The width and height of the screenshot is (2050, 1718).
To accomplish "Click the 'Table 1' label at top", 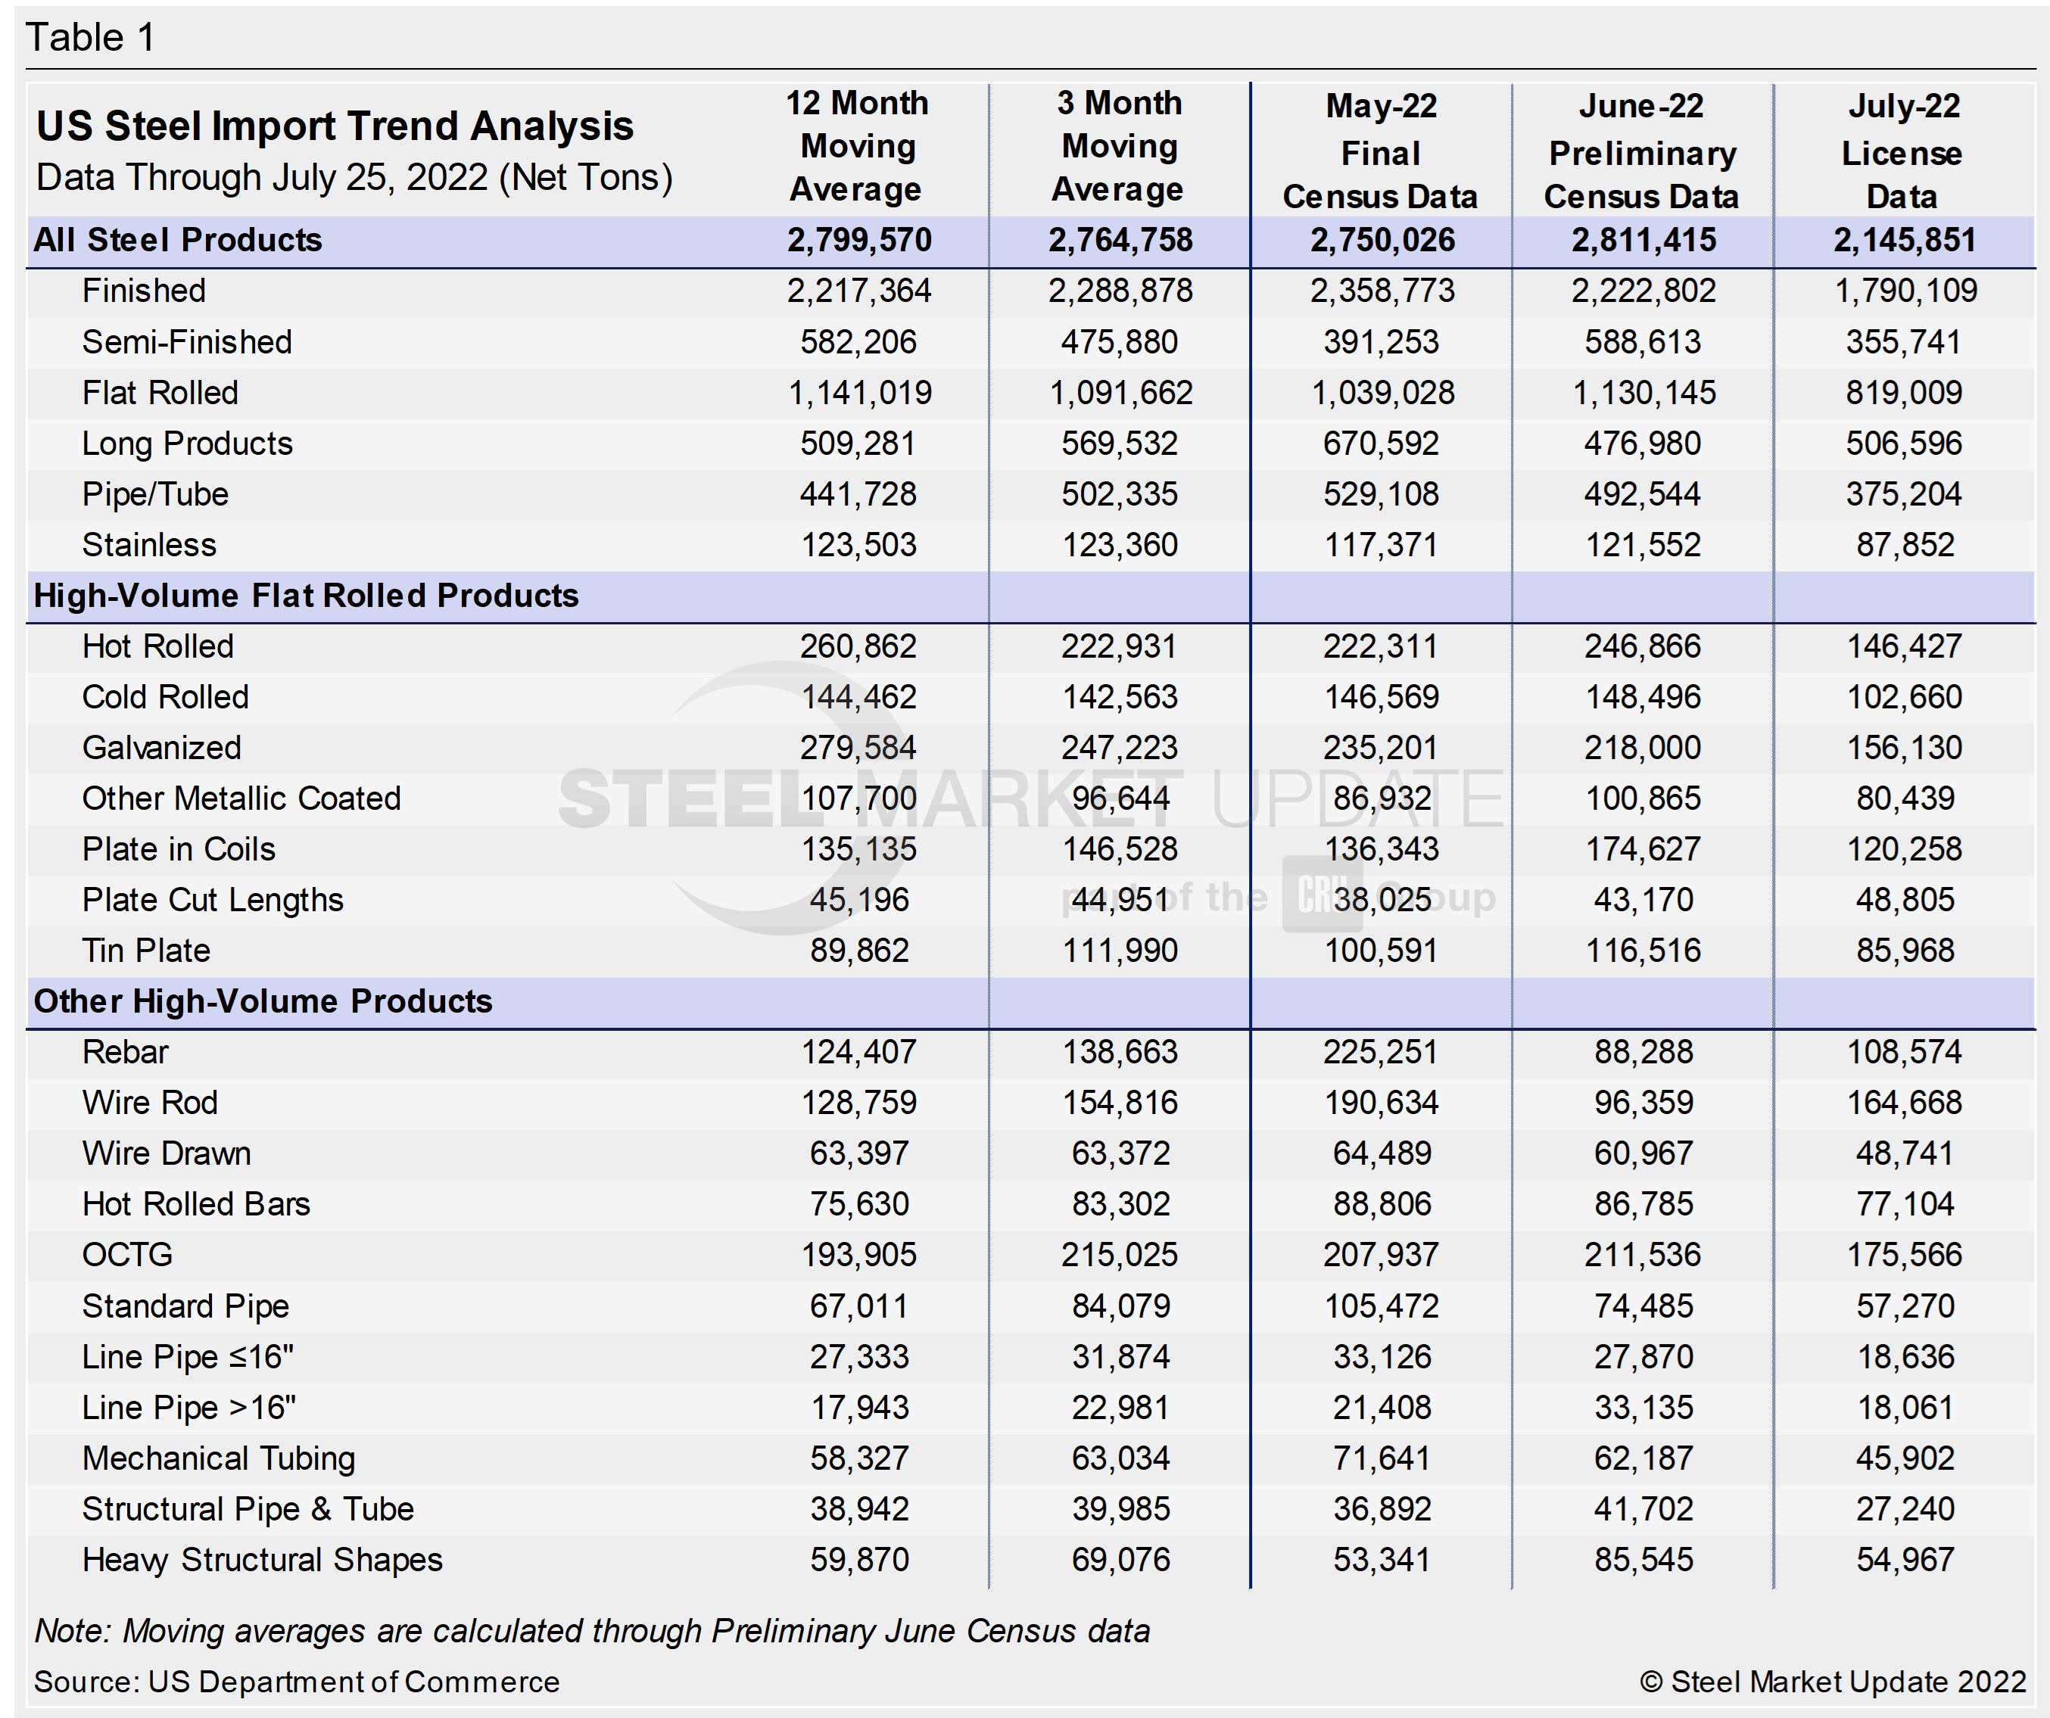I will (x=90, y=38).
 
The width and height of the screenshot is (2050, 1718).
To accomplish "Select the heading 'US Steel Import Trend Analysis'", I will (x=335, y=126).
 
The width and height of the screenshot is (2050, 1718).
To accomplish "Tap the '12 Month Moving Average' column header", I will (x=857, y=145).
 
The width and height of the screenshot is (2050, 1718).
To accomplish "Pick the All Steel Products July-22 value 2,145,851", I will (x=1904, y=240).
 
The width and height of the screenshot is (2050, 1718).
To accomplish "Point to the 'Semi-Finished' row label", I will (x=186, y=341).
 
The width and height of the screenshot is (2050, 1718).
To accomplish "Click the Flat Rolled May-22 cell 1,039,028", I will (x=1382, y=392).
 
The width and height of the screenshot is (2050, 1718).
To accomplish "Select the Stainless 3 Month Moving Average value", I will (x=1120, y=545).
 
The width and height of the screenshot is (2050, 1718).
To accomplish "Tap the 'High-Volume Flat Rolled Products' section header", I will (x=306, y=596).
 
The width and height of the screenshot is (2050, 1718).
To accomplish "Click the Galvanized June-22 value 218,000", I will (x=1642, y=748).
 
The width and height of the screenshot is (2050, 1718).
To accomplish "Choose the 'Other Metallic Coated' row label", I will (x=241, y=798).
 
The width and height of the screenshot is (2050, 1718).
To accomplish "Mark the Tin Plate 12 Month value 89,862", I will (x=859, y=951).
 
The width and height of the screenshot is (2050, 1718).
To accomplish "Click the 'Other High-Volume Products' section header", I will (x=263, y=1001).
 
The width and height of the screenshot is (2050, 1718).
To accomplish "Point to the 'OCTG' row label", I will (x=127, y=1256).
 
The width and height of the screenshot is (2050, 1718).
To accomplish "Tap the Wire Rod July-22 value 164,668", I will (x=1904, y=1103).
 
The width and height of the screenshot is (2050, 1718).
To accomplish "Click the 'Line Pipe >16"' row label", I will (x=188, y=1408).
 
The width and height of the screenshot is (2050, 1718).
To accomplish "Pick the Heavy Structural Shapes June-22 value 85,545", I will (x=1643, y=1560).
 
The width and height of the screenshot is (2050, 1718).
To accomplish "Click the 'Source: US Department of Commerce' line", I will (x=297, y=1682).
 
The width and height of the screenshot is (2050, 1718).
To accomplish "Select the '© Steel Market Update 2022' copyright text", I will (x=1832, y=1682).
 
